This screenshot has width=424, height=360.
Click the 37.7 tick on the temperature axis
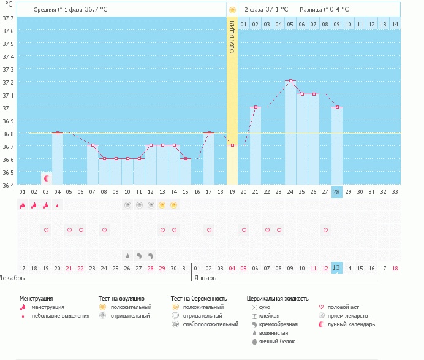[x=8, y=18]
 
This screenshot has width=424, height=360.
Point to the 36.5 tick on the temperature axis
[x=8, y=172]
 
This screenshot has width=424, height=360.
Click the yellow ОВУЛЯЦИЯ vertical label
[x=232, y=37]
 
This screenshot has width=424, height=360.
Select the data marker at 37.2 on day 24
[x=290, y=80]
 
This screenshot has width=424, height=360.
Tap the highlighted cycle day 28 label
[x=336, y=192]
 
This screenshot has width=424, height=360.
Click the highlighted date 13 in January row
[x=336, y=267]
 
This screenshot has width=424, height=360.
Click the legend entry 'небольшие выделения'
[x=60, y=316]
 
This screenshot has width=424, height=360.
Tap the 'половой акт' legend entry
[x=346, y=307]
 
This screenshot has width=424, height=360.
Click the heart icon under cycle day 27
[x=325, y=230]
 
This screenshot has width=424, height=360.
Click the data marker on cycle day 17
[x=209, y=132]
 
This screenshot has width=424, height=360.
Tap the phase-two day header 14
[x=395, y=24]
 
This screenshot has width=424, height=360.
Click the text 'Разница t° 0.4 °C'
[x=324, y=10]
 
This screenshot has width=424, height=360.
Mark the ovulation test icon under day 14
[x=174, y=205]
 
